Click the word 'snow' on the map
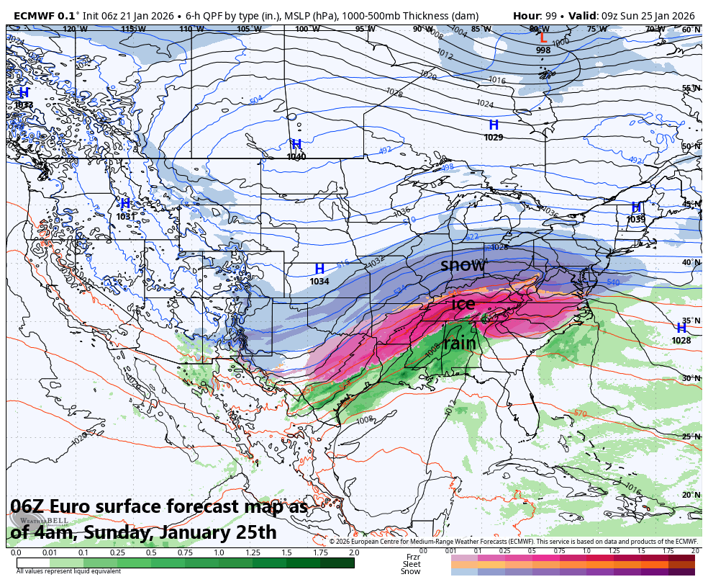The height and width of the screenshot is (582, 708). [x=463, y=265]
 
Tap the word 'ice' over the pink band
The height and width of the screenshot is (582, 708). [x=463, y=304]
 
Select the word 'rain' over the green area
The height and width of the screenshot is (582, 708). [x=459, y=344]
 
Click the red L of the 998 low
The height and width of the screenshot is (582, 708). [x=543, y=38]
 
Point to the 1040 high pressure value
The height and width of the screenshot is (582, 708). [x=296, y=156]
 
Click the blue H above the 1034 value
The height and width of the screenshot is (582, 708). [x=319, y=269]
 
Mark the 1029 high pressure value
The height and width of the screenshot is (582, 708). [x=494, y=137]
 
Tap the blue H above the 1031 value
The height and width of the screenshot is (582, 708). [x=124, y=204]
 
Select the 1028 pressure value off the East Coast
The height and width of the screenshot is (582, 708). [x=681, y=340]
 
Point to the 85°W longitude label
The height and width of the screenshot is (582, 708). [x=481, y=30]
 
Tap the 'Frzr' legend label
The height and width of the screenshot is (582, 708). [x=413, y=557]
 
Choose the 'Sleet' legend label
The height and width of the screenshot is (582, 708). [x=411, y=564]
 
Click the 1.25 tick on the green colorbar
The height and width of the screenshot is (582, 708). [x=253, y=552]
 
